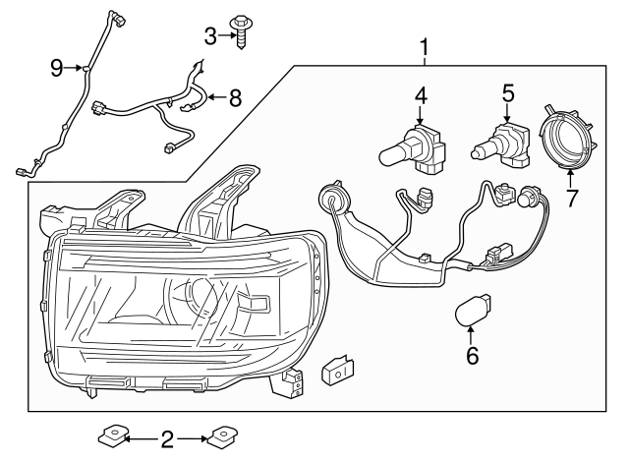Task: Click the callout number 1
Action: (425, 47)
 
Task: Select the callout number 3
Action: (210, 36)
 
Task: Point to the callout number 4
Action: (421, 96)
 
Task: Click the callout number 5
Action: (507, 94)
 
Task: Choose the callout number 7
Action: (572, 198)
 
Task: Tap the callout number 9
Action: (57, 67)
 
